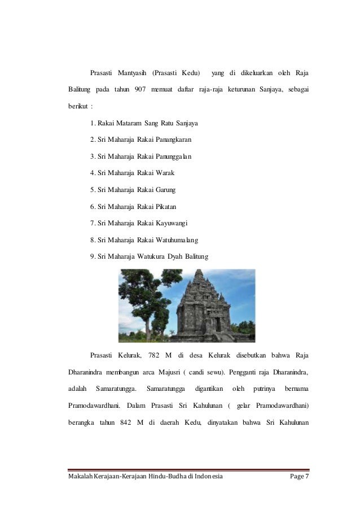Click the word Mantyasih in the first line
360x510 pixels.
coord(133,73)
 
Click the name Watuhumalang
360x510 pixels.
coord(176,240)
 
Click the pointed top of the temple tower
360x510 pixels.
coord(199,273)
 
